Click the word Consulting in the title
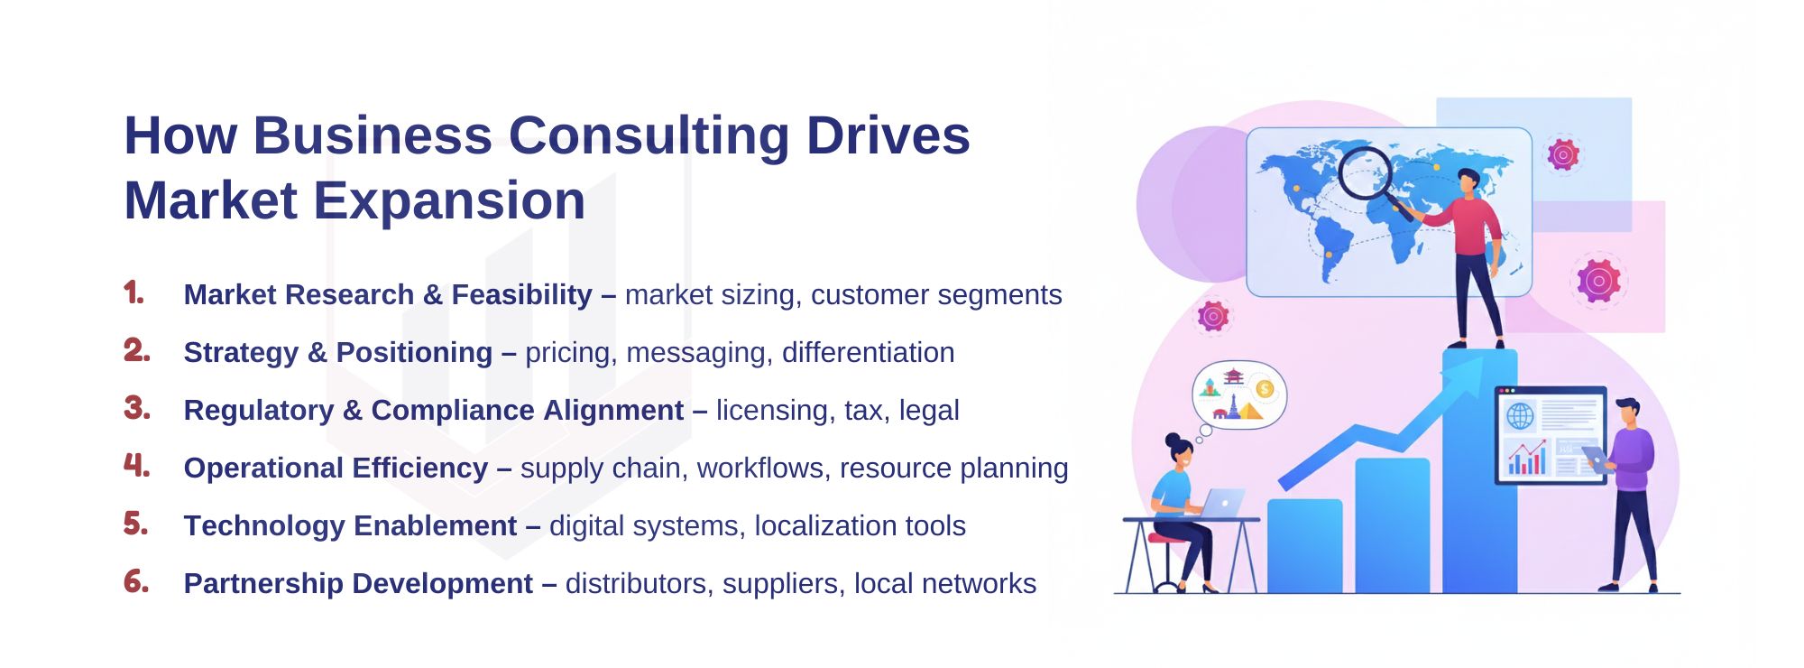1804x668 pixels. tap(649, 137)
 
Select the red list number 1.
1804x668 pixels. tap(133, 292)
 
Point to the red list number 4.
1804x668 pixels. tap(136, 466)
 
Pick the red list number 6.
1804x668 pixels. tap(136, 581)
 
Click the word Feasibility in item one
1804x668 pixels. tap(521, 295)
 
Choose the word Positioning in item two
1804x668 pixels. tap(414, 353)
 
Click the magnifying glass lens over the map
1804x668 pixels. tap(1365, 174)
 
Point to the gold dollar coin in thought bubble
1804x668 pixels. tap(1264, 389)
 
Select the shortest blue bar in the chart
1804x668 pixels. tap(1304, 546)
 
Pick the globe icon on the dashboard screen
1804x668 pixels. tap(1520, 416)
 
